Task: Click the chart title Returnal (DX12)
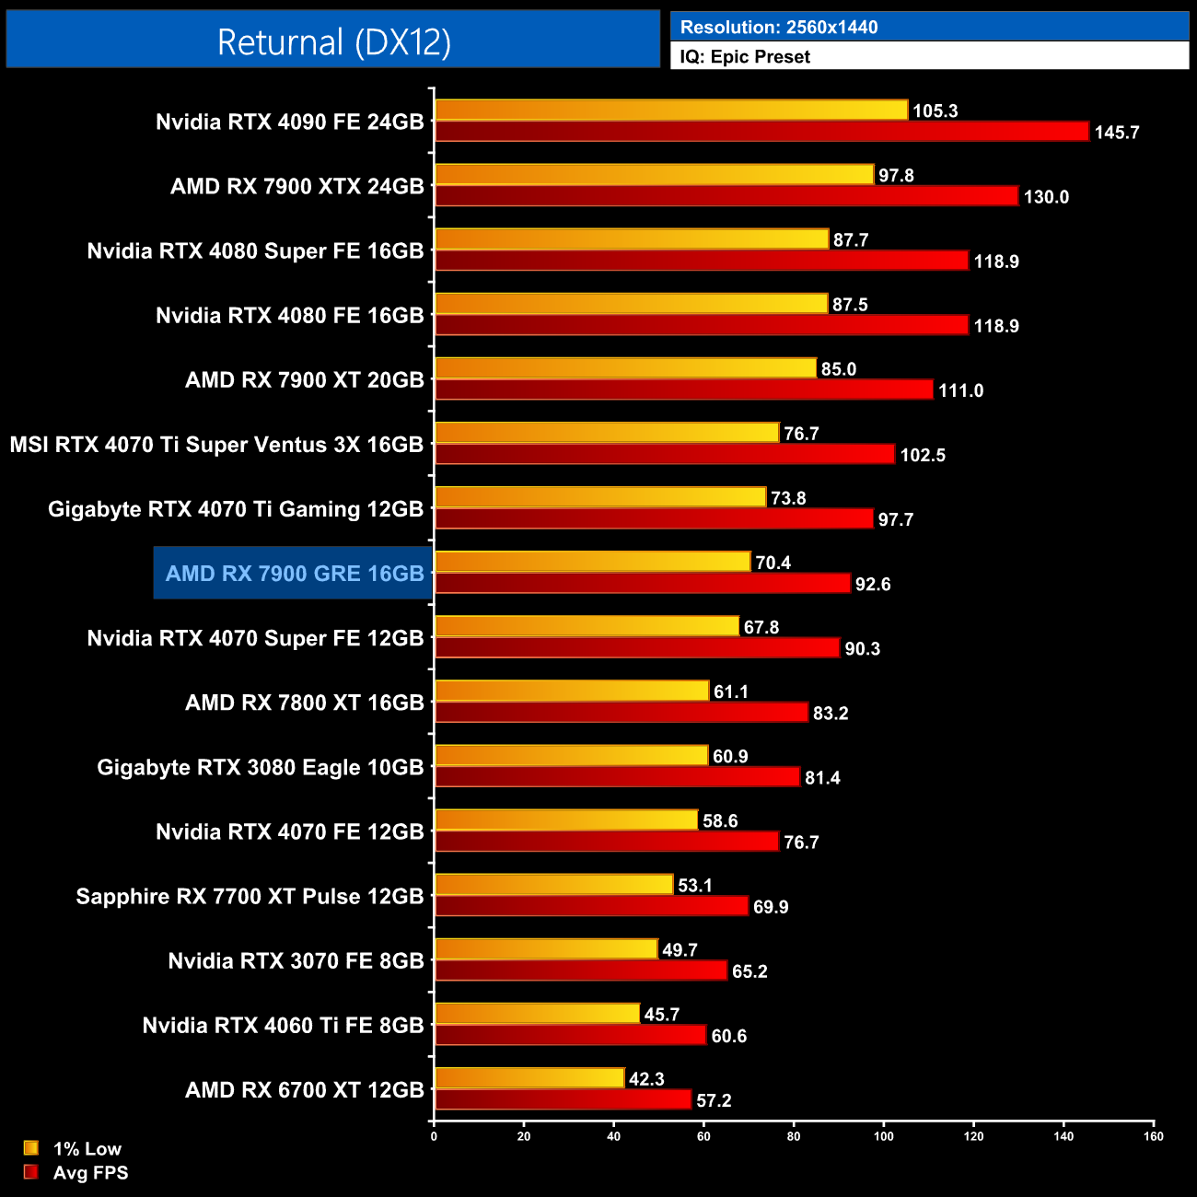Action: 333,42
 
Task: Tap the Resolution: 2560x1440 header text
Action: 779,28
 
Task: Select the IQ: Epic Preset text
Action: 745,57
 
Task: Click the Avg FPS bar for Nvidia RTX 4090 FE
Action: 761,132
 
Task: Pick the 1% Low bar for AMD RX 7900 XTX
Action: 654,174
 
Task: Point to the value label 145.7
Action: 1116,133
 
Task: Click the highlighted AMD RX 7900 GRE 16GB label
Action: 295,574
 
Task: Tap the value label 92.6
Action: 873,585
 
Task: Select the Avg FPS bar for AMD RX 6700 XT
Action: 563,1099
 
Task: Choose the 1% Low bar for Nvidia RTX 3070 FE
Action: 546,948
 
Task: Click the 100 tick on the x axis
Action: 883,1136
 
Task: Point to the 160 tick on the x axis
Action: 1153,1136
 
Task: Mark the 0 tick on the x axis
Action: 434,1136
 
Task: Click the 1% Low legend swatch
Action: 31,1148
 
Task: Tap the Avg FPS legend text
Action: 90,1173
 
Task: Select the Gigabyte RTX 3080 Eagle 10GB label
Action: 261,768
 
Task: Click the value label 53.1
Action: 695,886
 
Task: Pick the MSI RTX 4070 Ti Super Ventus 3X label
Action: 216,445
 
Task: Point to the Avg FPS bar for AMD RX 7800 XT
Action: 622,712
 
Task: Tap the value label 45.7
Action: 661,1015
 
